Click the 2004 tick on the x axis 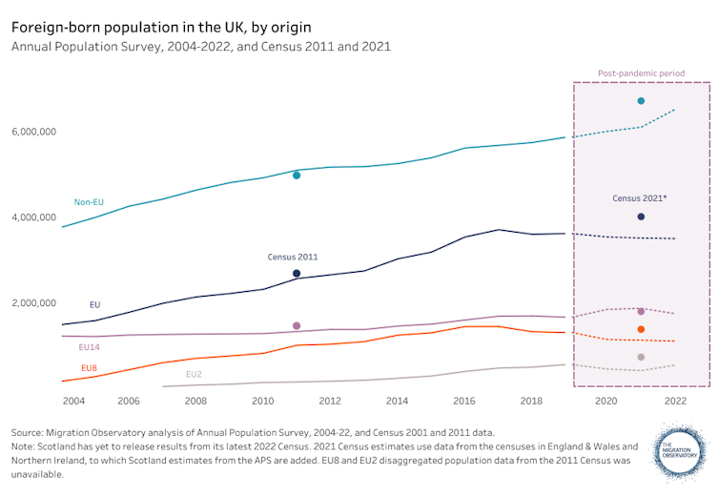coord(61,402)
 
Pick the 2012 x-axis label coord(330,402)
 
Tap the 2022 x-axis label coord(675,402)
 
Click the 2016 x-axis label coord(464,402)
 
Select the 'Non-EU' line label coord(90,202)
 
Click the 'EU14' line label coord(90,348)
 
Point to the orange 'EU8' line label coord(89,368)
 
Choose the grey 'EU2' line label coord(194,375)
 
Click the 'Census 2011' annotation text coord(293,258)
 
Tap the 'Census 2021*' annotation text coord(640,198)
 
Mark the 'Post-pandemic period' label coord(641,72)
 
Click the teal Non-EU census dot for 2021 coord(641,101)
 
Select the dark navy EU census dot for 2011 coord(297,274)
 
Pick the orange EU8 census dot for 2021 coord(641,330)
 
